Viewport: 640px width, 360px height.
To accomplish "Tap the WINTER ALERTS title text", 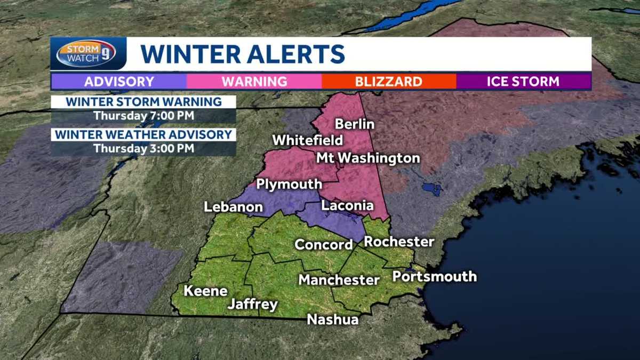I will (x=243, y=54).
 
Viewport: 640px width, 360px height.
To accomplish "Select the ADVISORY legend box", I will (x=119, y=82).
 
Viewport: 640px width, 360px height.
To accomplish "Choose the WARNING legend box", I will (x=254, y=82).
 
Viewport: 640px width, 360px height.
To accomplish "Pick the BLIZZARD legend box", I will (x=389, y=82).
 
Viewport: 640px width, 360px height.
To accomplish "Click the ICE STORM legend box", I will (x=523, y=82).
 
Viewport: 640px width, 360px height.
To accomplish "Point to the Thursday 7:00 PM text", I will (x=143, y=116).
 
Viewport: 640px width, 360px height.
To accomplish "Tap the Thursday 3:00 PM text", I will (x=143, y=149).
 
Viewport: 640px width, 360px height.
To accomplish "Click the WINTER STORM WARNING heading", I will (x=143, y=101).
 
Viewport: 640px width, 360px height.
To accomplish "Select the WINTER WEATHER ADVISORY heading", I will (x=143, y=134).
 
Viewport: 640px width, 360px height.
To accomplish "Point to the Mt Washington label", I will (x=368, y=158).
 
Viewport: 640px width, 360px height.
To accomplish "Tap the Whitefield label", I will (x=307, y=141).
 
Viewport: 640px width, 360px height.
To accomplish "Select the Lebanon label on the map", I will (x=233, y=207).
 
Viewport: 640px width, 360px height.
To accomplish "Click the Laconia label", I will (x=347, y=206).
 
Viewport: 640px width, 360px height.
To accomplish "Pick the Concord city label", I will (x=324, y=245).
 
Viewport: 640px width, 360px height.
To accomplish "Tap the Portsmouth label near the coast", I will (x=434, y=276).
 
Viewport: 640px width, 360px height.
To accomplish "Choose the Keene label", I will (x=205, y=291).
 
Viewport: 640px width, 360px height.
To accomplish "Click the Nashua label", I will (x=333, y=319).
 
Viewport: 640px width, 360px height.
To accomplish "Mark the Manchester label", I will (x=339, y=280).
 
